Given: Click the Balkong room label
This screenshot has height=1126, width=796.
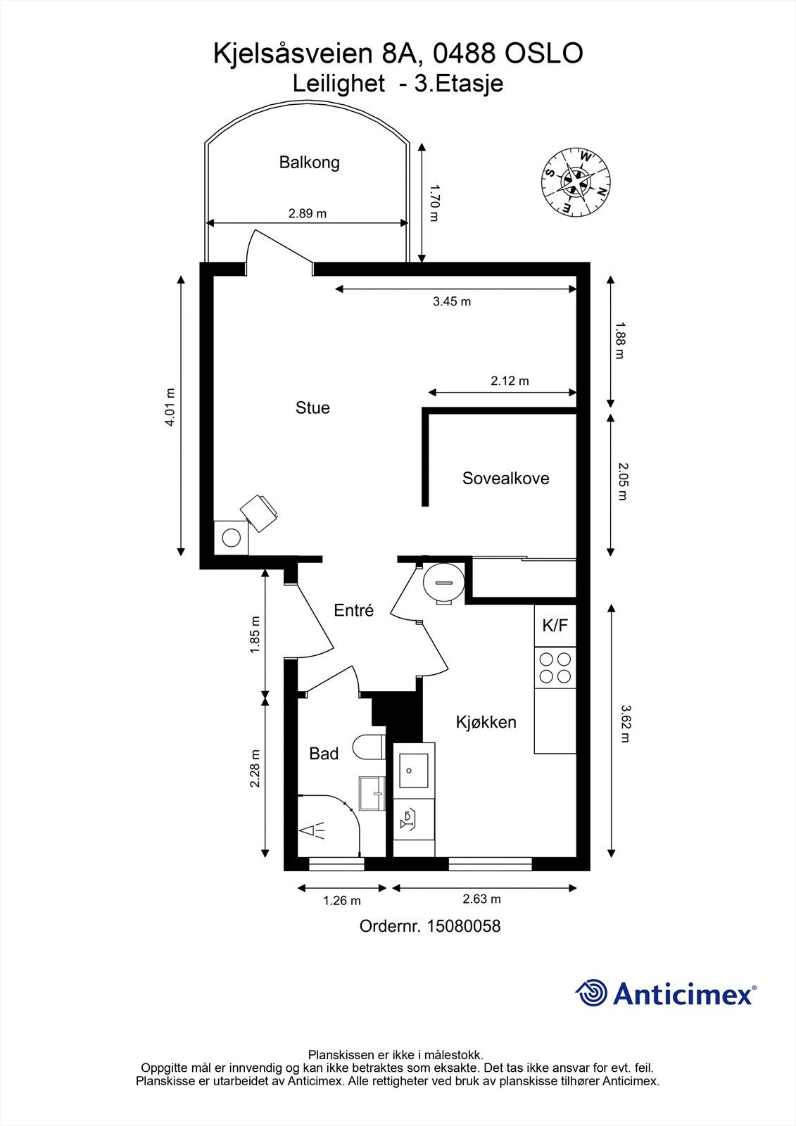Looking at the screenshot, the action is pyautogui.click(x=309, y=163).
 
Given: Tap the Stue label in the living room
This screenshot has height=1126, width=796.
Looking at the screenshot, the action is pyautogui.click(x=312, y=407).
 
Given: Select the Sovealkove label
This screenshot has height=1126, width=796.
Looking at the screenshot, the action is pyautogui.click(x=506, y=478).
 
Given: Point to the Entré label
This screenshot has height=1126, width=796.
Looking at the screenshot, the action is pyautogui.click(x=354, y=610).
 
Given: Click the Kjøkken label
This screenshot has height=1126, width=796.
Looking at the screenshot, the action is pyautogui.click(x=486, y=722).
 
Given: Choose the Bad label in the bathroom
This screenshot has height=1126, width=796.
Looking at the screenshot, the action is pyautogui.click(x=324, y=754).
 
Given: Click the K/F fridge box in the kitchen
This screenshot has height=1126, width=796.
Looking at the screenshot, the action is pyautogui.click(x=555, y=626).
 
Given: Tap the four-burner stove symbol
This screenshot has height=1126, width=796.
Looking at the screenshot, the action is pyautogui.click(x=555, y=668).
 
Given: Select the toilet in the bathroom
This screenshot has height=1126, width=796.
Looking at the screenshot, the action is pyautogui.click(x=369, y=747).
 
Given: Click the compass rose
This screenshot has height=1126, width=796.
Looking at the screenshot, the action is pyautogui.click(x=576, y=182).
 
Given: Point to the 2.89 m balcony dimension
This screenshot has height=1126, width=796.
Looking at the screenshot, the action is pyautogui.click(x=308, y=214).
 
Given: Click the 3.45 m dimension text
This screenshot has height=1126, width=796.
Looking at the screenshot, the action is pyautogui.click(x=452, y=302).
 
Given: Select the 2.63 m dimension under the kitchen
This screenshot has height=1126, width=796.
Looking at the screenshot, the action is pyautogui.click(x=481, y=899).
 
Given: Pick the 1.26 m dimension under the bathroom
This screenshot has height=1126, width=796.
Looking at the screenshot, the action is pyautogui.click(x=342, y=900).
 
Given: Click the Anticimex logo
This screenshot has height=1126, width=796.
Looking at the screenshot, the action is pyautogui.click(x=667, y=994).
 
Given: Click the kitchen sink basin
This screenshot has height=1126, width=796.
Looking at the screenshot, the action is pyautogui.click(x=413, y=770).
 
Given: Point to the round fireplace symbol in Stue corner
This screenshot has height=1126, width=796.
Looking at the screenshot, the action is pyautogui.click(x=232, y=538).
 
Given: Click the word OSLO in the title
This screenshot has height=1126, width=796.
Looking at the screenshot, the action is pyautogui.click(x=544, y=53).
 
